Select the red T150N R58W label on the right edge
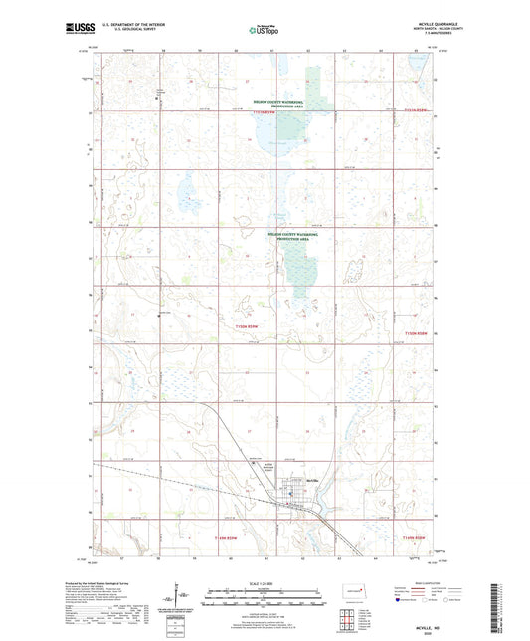pos(418,332)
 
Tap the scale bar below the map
pos(265,600)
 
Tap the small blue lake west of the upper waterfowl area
pos(186,189)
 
